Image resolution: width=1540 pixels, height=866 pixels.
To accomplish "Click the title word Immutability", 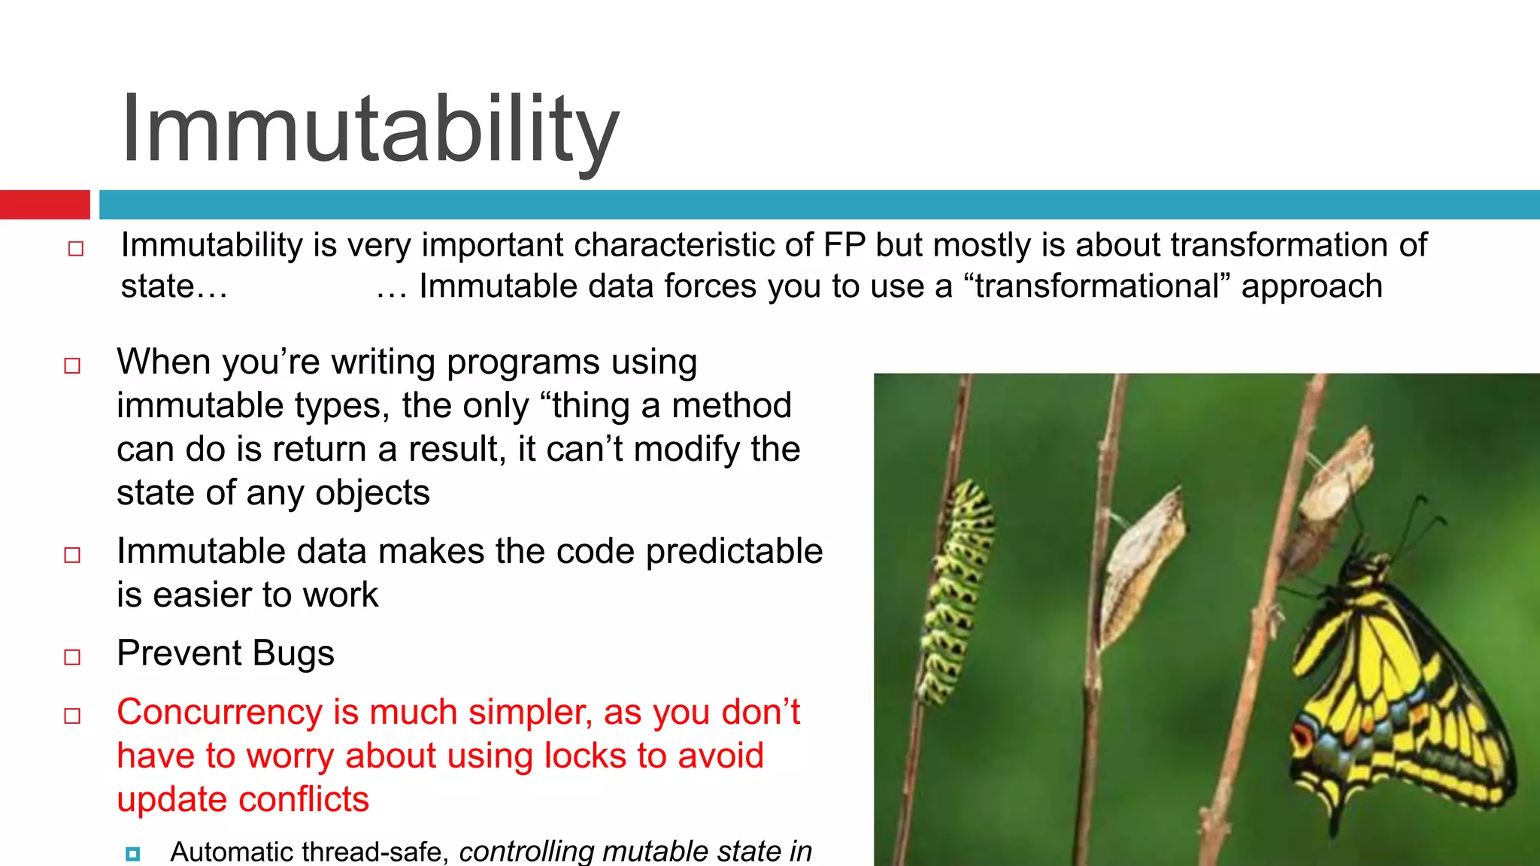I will pyautogui.click(x=370, y=129).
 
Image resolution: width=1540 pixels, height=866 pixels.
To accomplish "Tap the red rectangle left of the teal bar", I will pyautogui.click(x=44, y=204).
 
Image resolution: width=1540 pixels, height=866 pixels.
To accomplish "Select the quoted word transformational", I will pyautogui.click(x=1097, y=286).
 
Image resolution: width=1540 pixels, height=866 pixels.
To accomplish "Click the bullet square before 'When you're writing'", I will pyautogui.click(x=72, y=366).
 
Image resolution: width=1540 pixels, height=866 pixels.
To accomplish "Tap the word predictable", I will pyautogui.click(x=734, y=551).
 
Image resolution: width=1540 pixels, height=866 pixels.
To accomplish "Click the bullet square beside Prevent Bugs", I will pyautogui.click(x=72, y=657).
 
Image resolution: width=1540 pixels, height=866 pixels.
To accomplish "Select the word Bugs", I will pyautogui.click(x=293, y=653).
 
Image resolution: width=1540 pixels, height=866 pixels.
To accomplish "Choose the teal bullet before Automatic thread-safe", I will pyautogui.click(x=133, y=853).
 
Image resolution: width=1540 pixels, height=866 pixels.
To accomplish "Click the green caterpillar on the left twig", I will pyautogui.click(x=955, y=594).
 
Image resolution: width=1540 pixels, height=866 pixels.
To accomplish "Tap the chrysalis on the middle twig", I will pyautogui.click(x=1143, y=564).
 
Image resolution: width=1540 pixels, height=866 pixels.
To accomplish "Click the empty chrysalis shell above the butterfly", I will pyautogui.click(x=1335, y=489).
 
